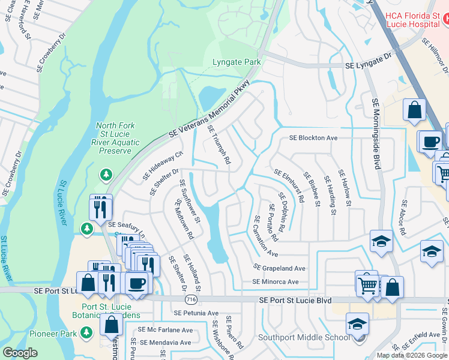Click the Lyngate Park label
pyautogui.click(x=237, y=62)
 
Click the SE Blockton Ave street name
pyautogui.click(x=313, y=138)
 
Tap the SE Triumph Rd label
pyautogui.click(x=219, y=145)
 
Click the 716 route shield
pyautogui.click(x=191, y=298)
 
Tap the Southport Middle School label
pyautogui.click(x=304, y=337)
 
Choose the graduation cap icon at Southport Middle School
pyautogui.click(x=357, y=325)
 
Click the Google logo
pyautogui.click(x=20, y=353)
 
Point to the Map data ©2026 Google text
pyautogui.click(x=412, y=355)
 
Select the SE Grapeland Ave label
pyautogui.click(x=279, y=268)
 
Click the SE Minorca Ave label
pyautogui.click(x=276, y=281)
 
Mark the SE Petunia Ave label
pyautogui.click(x=196, y=313)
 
